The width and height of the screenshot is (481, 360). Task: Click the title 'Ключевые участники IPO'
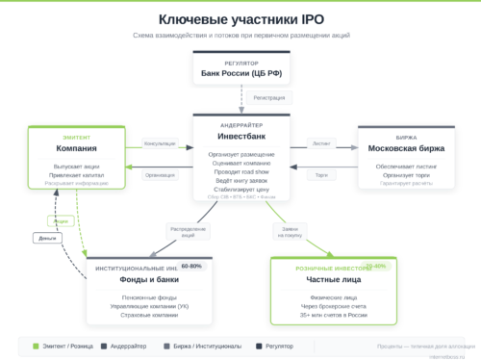pos(240,19)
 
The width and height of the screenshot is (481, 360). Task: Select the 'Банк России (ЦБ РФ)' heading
pos(240,73)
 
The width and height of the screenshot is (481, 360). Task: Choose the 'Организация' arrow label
pos(160,175)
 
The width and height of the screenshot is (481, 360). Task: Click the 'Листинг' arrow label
pos(321,143)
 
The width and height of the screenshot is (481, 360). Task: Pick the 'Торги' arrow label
pos(321,175)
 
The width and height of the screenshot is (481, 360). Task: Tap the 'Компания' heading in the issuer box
pos(76,149)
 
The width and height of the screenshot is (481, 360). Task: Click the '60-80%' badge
pos(191,267)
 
